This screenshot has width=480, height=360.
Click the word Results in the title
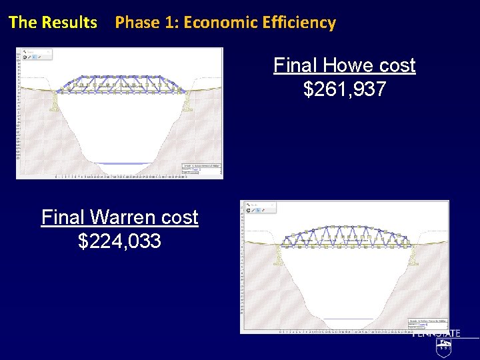(x=69, y=22)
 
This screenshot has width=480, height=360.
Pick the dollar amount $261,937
(x=344, y=89)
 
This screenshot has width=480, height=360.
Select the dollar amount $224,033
(x=119, y=241)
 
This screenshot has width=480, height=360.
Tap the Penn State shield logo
(x=443, y=346)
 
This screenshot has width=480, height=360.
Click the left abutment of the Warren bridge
(x=278, y=255)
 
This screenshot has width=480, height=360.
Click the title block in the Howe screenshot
(x=201, y=170)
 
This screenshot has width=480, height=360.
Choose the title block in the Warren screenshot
(x=427, y=324)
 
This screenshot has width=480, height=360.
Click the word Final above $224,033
(x=65, y=217)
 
